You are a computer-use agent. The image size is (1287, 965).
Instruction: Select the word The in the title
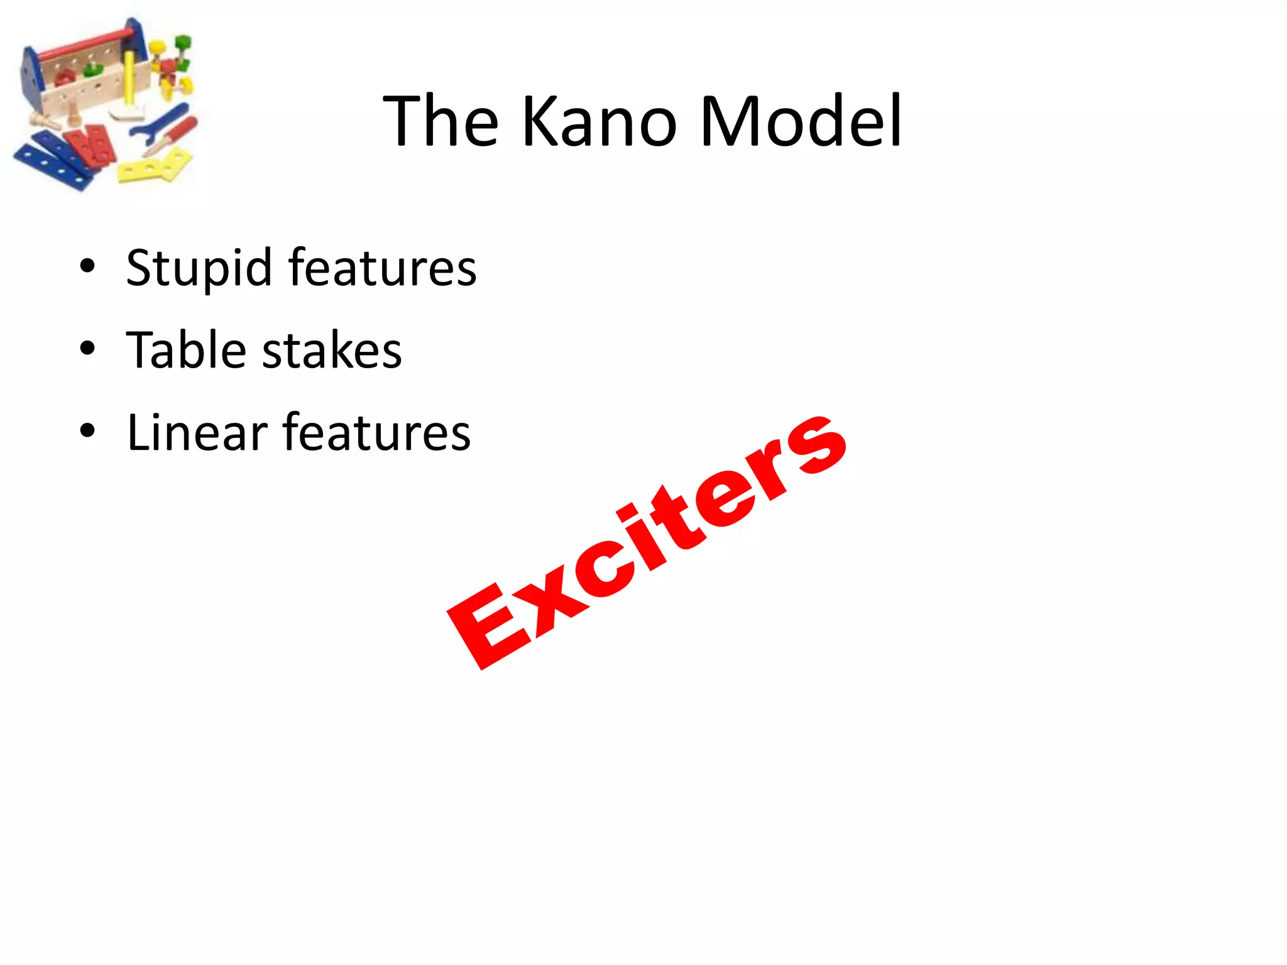tap(441, 121)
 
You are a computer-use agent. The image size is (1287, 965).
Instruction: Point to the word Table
tap(186, 350)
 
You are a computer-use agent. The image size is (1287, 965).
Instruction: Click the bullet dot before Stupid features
tap(87, 266)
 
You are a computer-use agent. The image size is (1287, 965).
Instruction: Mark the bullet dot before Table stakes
tap(87, 349)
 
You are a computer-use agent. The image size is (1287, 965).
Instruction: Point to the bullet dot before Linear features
tap(87, 431)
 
